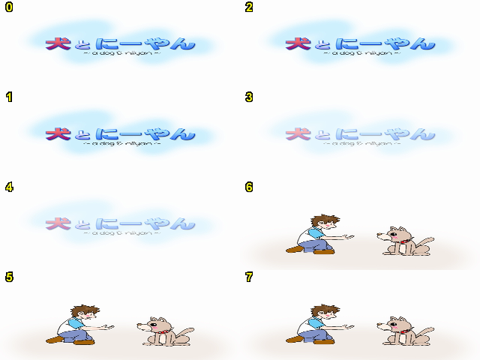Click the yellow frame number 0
[x=8, y=7]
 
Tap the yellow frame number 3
[x=248, y=97]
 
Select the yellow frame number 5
[x=8, y=277]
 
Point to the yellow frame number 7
[x=248, y=277]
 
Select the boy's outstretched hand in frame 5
[x=111, y=327]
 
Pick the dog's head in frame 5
[x=157, y=327]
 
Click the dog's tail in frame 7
[x=427, y=331]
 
